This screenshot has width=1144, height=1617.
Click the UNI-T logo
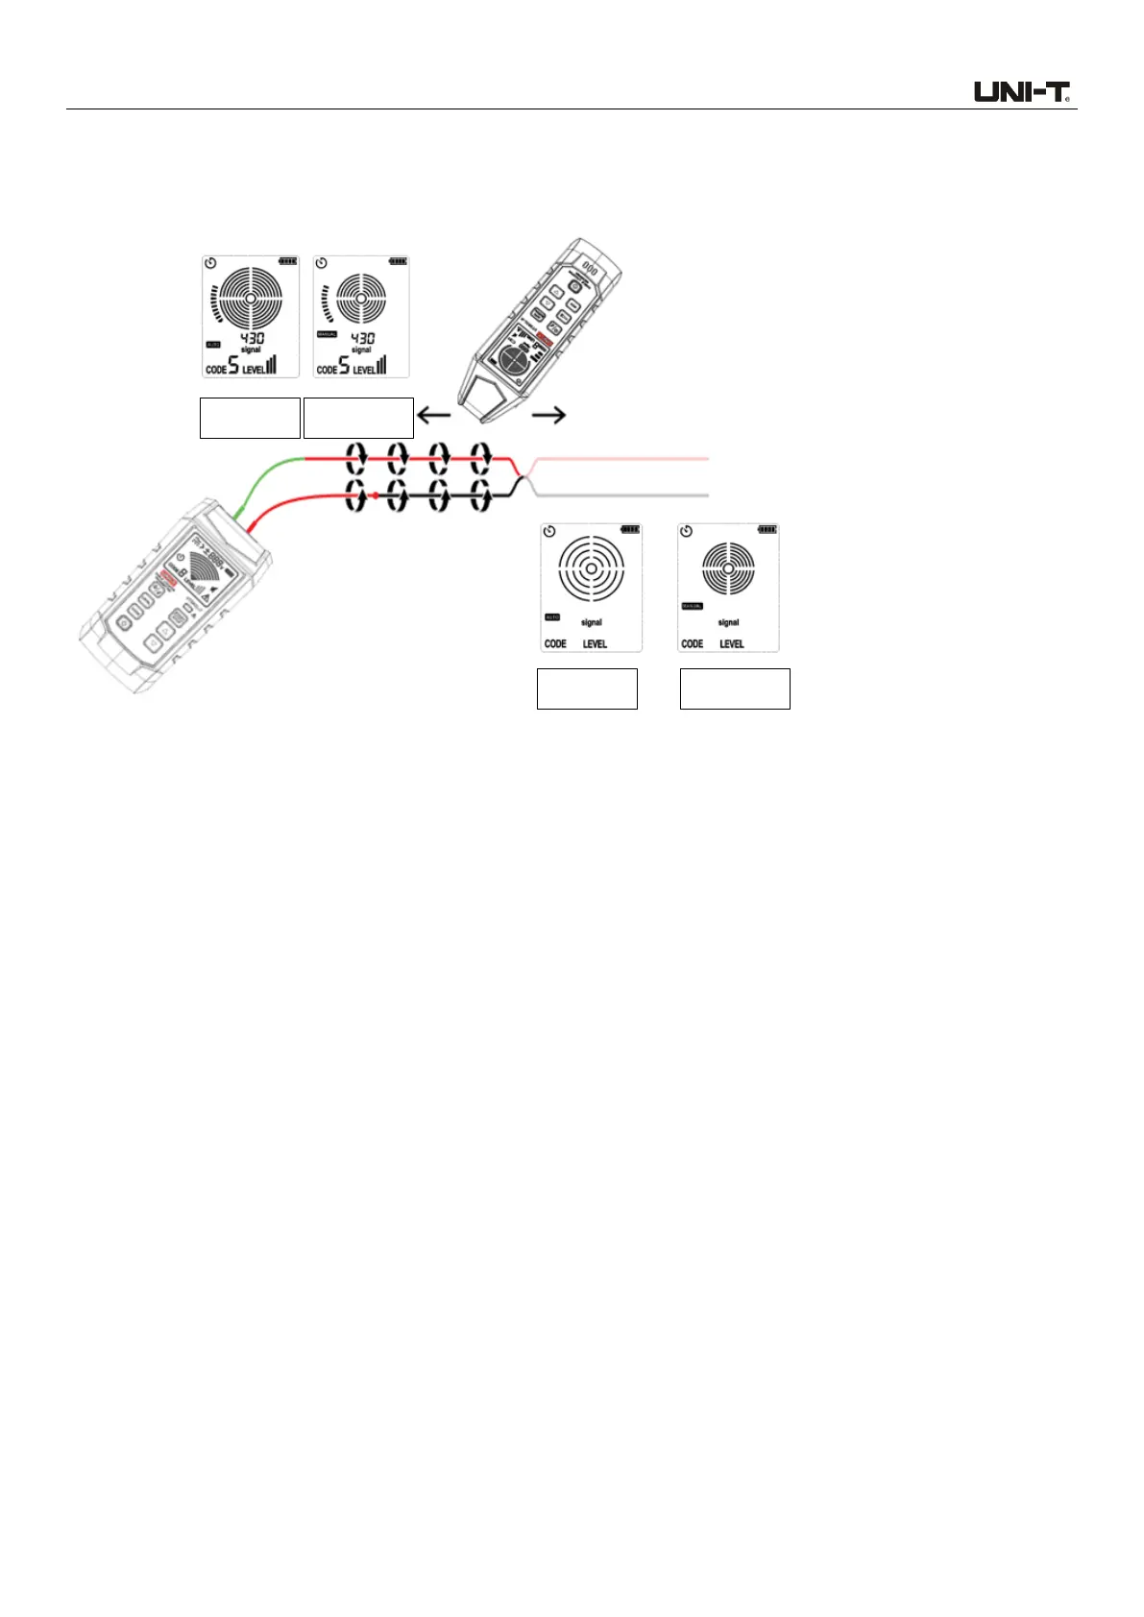pos(1022,92)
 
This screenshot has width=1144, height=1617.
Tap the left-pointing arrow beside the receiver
pos(434,416)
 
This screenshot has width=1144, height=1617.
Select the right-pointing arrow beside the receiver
pos(548,415)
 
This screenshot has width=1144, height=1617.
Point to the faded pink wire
pos(624,460)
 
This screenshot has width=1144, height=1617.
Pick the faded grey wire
pos(624,495)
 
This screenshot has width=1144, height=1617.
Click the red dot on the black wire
pos(375,495)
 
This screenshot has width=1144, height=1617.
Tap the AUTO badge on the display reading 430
pos(213,344)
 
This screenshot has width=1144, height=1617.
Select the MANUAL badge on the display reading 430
pos(327,334)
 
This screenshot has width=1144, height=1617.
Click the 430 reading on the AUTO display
pos(252,338)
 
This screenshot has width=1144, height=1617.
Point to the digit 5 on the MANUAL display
pos(344,365)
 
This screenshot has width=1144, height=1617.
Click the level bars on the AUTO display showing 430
pos(271,365)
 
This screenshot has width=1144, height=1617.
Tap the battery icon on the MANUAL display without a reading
pos(767,529)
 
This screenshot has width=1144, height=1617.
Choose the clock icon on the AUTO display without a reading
pos(549,531)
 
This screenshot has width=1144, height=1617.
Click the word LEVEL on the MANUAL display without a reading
pos(732,643)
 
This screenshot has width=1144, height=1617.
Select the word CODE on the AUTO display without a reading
pos(555,643)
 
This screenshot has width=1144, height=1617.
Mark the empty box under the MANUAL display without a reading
pos(735,688)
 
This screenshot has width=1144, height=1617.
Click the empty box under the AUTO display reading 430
pos(250,418)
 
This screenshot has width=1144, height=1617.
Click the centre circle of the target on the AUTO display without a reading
pos(591,567)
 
